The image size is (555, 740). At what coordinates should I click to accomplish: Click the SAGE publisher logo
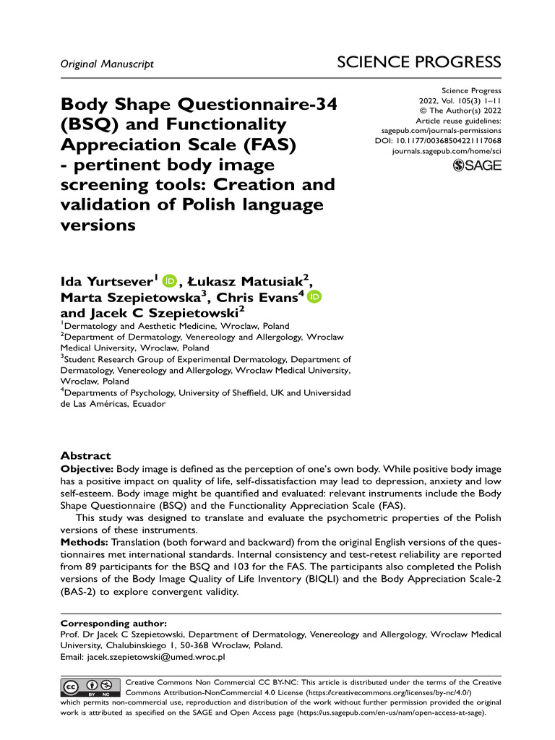[476, 166]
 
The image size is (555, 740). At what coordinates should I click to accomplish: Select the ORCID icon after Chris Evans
[314, 297]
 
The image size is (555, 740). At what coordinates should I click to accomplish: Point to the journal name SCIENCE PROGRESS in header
[419, 62]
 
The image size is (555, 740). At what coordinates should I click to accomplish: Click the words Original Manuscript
[107, 64]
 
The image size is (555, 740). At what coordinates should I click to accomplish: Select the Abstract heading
[85, 456]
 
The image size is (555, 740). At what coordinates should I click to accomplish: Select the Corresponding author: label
[113, 623]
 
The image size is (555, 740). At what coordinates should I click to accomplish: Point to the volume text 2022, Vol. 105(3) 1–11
[460, 101]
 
